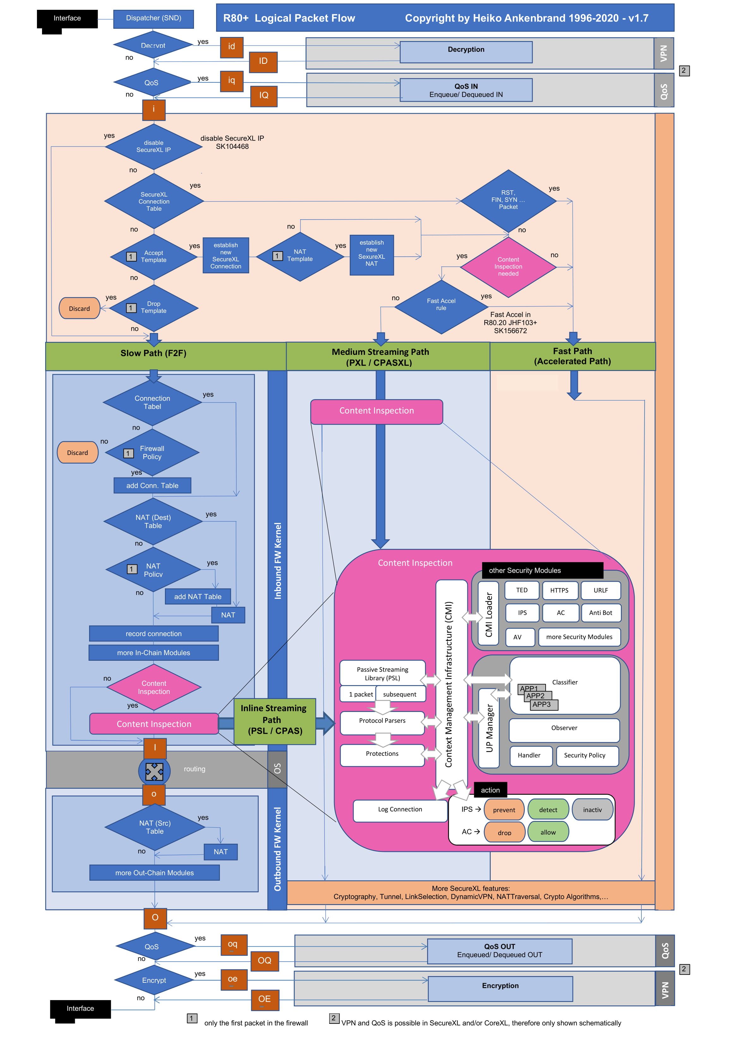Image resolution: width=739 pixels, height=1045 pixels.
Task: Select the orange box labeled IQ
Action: pos(264,95)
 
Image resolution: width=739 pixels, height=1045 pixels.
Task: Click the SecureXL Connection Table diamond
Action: pos(154,201)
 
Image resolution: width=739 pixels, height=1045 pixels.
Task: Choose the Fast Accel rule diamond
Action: pos(441,305)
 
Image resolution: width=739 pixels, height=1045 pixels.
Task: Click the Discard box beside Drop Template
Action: pos(79,309)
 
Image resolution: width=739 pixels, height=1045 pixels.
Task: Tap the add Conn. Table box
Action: pos(152,486)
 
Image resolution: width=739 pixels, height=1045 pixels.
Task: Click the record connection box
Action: pos(154,634)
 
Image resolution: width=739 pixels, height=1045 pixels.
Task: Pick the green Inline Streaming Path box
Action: pos(274,720)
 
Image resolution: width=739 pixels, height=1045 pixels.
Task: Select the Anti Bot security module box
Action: pos(600,613)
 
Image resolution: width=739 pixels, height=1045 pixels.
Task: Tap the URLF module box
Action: pos(600,590)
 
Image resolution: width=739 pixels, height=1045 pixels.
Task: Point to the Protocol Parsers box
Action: pos(382,721)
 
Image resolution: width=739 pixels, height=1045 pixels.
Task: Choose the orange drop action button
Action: pos(504,832)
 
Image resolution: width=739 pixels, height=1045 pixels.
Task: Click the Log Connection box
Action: pos(400,810)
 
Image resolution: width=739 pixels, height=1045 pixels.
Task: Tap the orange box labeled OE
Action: pos(264,999)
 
